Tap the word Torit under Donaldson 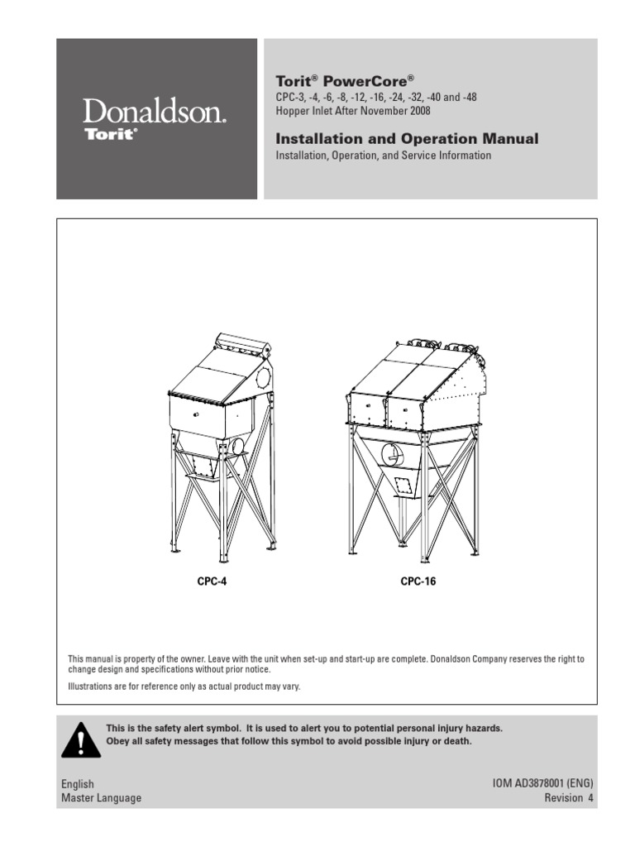(111, 134)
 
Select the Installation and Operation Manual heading (406, 139)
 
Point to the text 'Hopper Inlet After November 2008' (352, 111)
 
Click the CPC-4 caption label (212, 581)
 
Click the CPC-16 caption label (418, 581)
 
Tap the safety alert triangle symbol (80, 739)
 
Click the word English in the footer (78, 784)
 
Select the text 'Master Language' (101, 798)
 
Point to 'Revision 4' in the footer (568, 798)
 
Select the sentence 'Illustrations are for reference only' (184, 687)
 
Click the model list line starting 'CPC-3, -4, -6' (375, 98)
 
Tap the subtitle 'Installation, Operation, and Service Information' (383, 156)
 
